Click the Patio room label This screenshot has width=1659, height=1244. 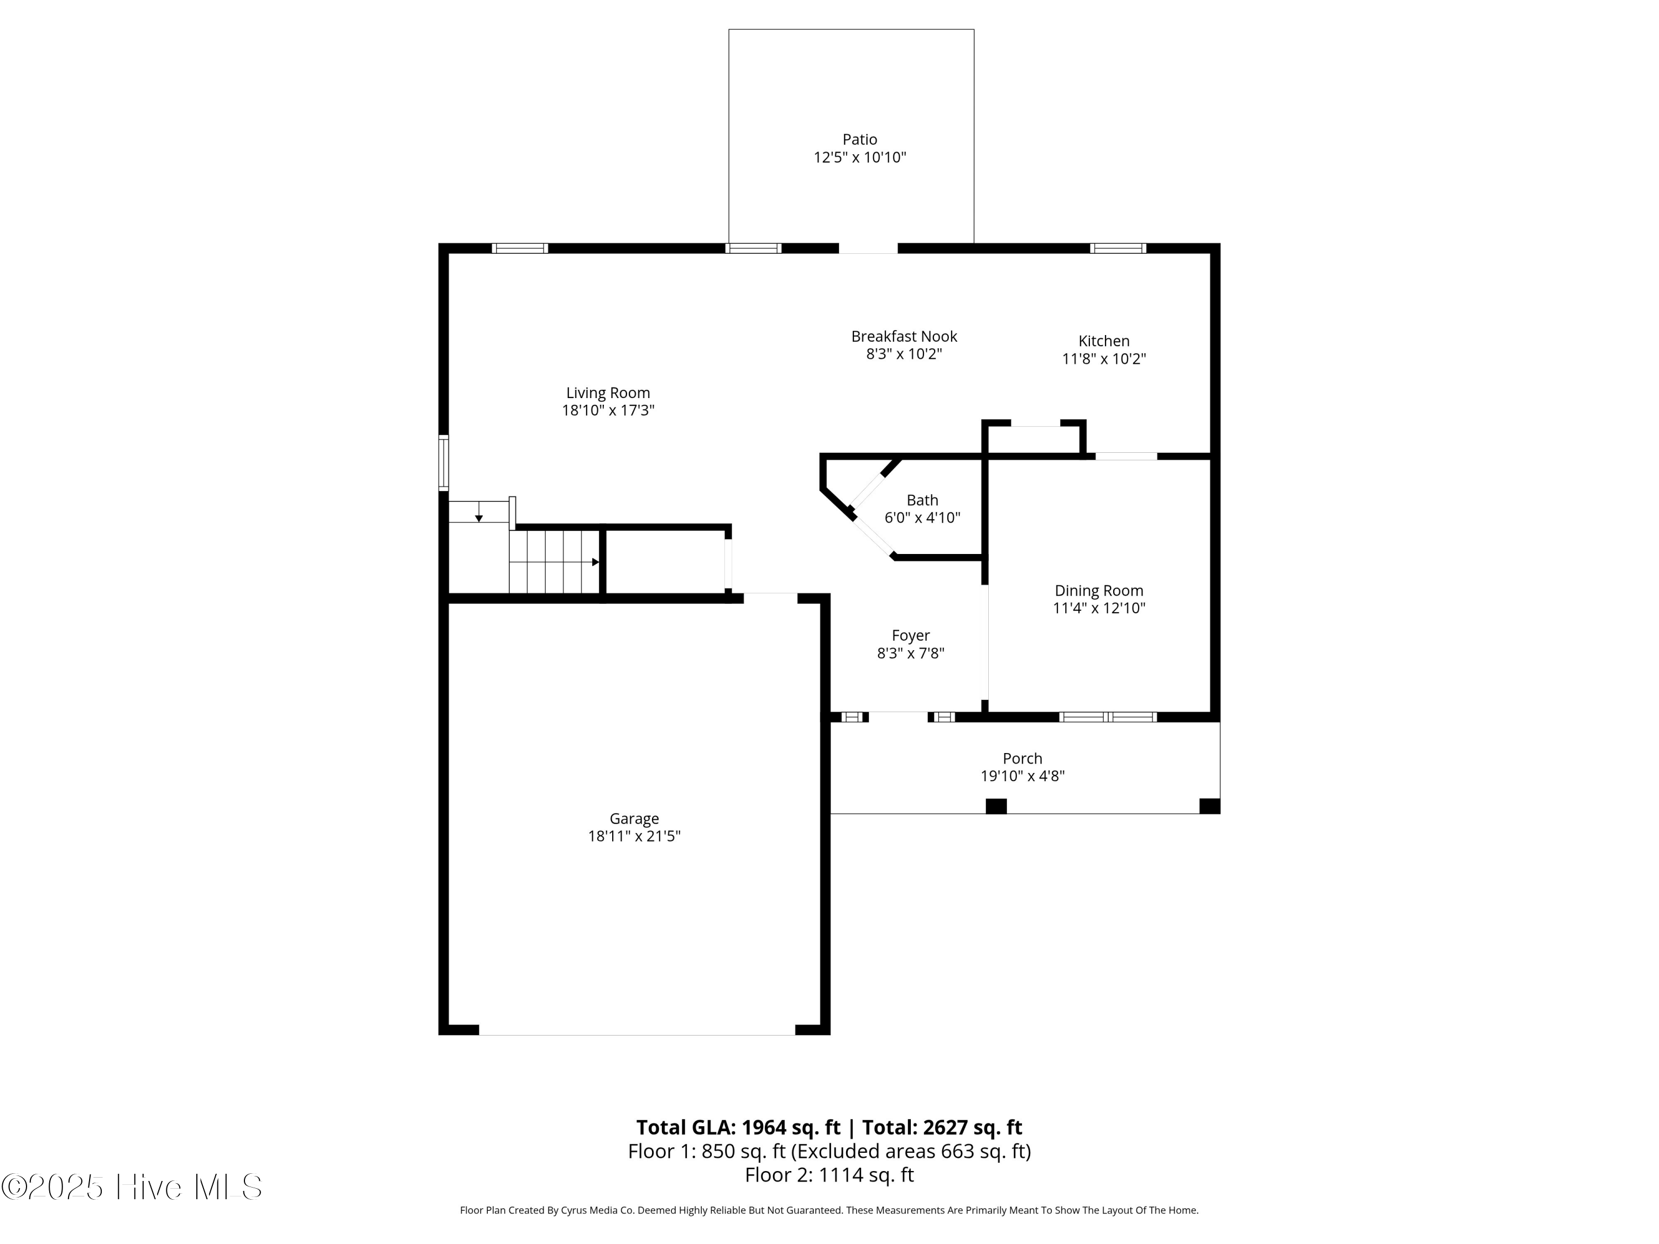[x=859, y=139]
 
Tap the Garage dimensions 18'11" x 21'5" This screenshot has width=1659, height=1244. [x=634, y=836]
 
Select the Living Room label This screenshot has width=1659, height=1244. [x=608, y=393]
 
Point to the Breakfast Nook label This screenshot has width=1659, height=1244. [x=904, y=337]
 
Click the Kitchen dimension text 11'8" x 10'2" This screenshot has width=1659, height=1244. [x=1103, y=359]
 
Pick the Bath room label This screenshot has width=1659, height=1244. [x=922, y=500]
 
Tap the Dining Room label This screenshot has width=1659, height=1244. [x=1099, y=591]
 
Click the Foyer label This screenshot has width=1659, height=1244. [x=910, y=636]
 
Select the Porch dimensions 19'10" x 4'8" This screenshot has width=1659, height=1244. [x=1022, y=776]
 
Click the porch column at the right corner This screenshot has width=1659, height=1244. [x=1209, y=806]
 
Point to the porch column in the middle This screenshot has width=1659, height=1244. [x=995, y=806]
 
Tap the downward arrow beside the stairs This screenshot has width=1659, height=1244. [x=478, y=518]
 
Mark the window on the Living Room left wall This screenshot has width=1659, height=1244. [x=444, y=463]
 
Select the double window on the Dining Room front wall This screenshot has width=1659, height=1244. [x=1108, y=718]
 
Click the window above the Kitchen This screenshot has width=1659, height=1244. [x=1118, y=248]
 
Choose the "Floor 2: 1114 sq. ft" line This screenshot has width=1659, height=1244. [x=829, y=1175]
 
